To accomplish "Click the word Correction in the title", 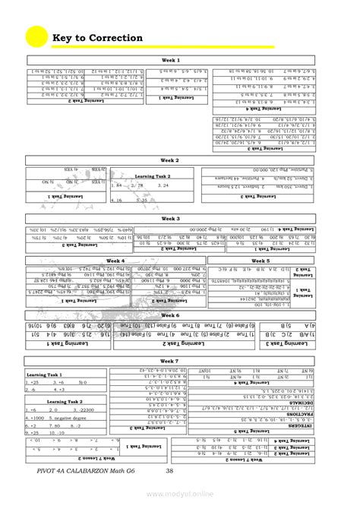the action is [115, 38].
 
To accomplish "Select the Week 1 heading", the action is [170, 60].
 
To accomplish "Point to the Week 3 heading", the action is [170, 219].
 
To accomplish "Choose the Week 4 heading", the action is [115, 261].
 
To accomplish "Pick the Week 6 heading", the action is [170, 315].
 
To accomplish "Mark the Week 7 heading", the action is [170, 361].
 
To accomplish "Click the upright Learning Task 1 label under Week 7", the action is [45, 375].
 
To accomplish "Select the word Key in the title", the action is [62, 38].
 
